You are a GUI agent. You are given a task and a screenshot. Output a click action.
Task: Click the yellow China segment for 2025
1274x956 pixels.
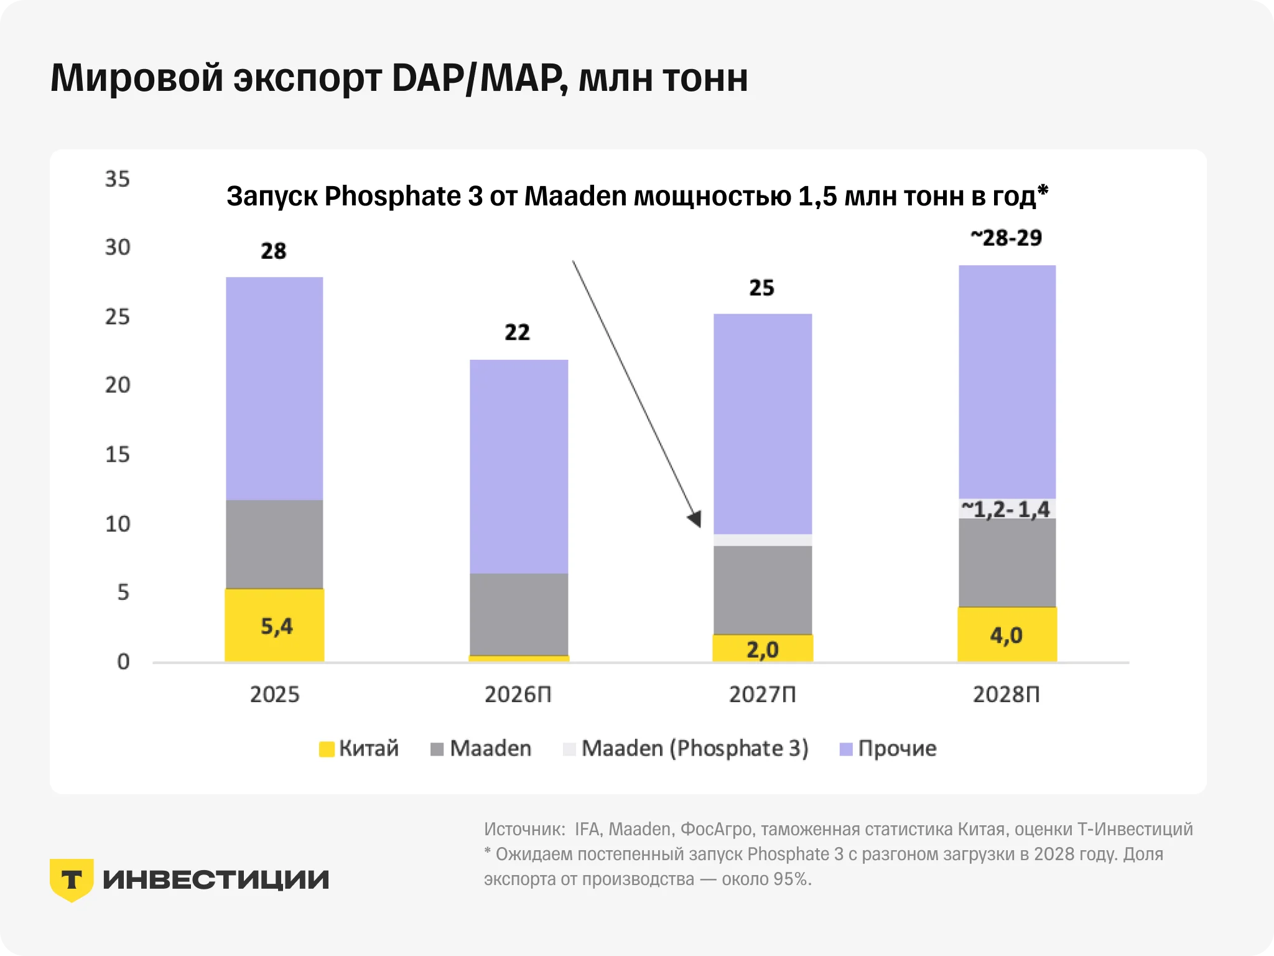coord(274,625)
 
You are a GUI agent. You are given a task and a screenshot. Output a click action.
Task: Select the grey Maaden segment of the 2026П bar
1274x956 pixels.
coord(519,614)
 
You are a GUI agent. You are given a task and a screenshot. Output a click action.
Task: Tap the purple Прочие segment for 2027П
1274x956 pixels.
coord(763,424)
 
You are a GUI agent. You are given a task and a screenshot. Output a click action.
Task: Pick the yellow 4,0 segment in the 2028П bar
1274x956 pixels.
coord(1007,634)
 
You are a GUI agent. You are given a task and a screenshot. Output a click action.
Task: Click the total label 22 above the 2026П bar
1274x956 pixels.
coord(518,332)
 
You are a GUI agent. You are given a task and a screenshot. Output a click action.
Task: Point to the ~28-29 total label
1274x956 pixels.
coord(1007,237)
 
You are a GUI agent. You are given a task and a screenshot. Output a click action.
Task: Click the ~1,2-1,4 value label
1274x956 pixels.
coord(1006,509)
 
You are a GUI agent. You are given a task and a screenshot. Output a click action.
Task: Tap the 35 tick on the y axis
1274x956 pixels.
coord(118,179)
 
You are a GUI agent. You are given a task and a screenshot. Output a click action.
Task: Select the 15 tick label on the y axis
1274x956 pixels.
coord(118,454)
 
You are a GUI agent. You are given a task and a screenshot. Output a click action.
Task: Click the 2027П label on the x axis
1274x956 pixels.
coord(763,694)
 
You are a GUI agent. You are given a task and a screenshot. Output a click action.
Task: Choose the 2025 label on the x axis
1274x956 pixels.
coord(274,694)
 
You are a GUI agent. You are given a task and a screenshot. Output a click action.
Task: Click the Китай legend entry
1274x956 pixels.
coord(359,748)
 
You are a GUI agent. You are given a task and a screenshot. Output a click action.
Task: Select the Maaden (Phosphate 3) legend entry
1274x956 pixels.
coord(686,748)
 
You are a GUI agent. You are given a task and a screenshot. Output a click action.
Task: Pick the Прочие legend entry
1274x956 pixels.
coord(888,748)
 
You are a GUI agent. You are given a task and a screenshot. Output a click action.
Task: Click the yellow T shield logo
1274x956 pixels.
coord(72,880)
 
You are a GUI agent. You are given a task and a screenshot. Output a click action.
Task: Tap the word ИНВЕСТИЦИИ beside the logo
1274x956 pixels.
coord(216,880)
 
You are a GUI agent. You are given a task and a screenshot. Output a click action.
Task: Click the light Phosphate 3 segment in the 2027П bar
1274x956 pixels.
coord(763,540)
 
